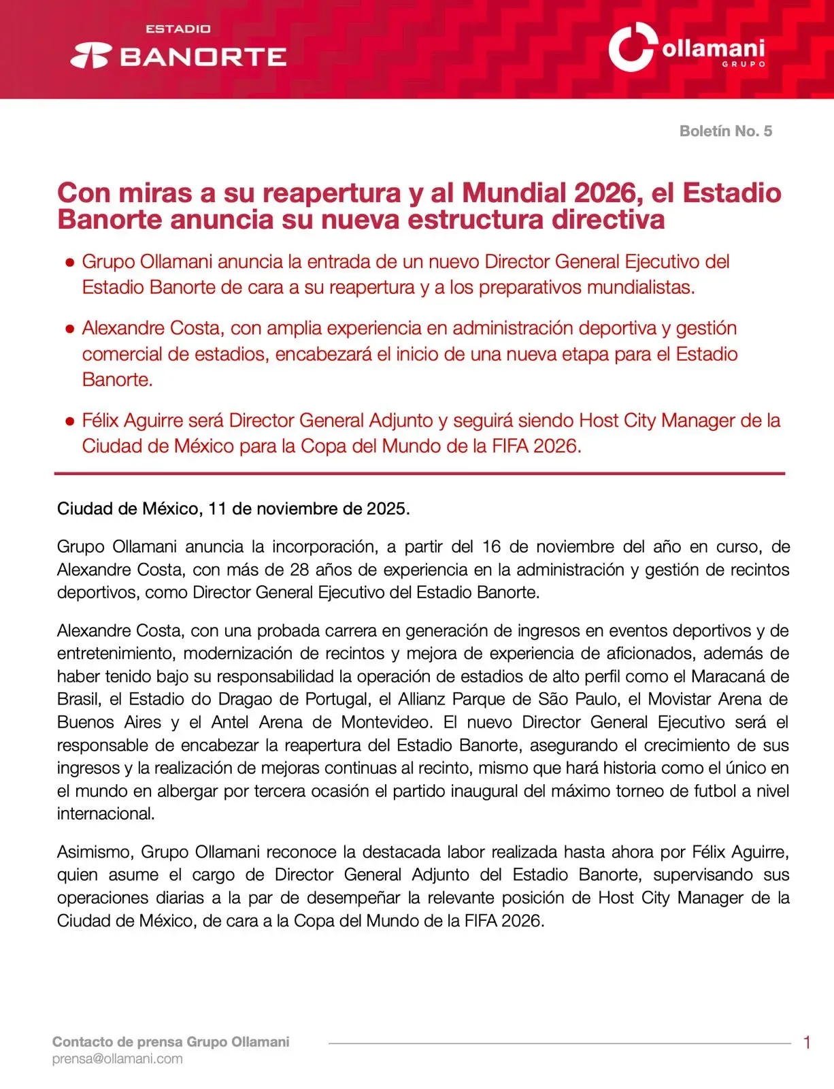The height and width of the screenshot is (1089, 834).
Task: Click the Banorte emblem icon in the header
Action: tap(90, 56)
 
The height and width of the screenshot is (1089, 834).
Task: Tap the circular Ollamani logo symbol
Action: tap(631, 47)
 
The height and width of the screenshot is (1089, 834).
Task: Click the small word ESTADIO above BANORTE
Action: tap(178, 29)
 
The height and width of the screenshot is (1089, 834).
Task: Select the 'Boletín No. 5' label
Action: tap(725, 131)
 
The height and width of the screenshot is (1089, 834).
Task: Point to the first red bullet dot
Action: tap(69, 263)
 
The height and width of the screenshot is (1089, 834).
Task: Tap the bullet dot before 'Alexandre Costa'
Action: tap(69, 329)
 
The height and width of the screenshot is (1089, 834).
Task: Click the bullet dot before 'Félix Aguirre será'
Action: tap(69, 421)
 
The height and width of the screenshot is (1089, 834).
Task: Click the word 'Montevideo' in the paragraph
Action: tap(386, 722)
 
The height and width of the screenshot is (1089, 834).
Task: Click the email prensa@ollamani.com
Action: tap(118, 1059)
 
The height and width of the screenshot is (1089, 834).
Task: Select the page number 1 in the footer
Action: tap(807, 1043)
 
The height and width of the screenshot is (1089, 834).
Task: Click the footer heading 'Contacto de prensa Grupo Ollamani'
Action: tap(171, 1042)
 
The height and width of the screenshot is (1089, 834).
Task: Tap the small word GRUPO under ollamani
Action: tap(744, 64)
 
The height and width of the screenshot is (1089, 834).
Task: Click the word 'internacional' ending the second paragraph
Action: tap(105, 814)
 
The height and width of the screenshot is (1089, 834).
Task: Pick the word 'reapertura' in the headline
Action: tap(332, 193)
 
